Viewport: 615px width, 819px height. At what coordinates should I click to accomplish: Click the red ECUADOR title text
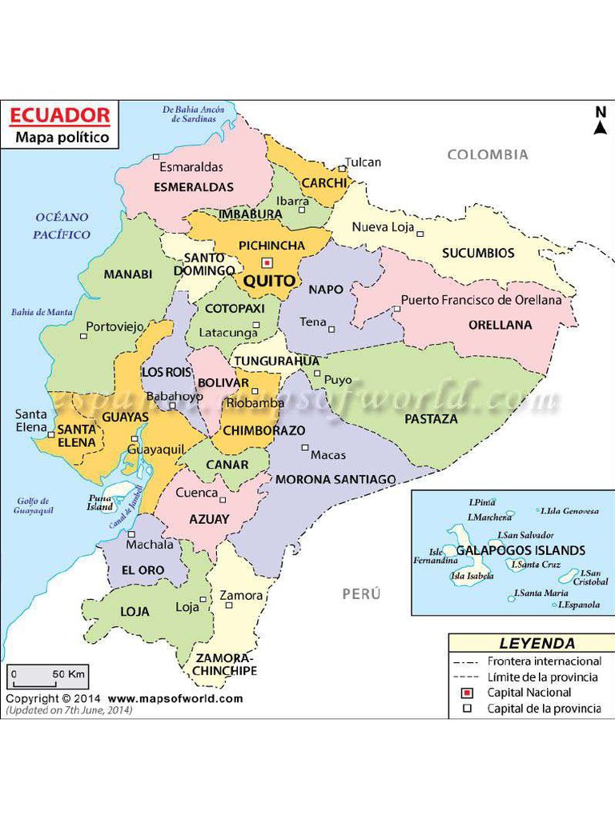point(59,114)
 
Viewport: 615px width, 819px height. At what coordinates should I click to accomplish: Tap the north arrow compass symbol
point(599,122)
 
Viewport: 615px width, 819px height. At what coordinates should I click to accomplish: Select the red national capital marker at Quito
point(267,262)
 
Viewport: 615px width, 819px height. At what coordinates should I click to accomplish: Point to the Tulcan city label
point(363,162)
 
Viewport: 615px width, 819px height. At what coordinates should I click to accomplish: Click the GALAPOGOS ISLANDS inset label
point(521,550)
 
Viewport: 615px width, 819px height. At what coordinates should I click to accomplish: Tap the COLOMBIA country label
point(488,154)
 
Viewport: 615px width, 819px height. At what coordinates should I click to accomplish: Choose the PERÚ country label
point(361,594)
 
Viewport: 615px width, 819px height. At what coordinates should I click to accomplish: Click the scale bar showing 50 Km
point(48,677)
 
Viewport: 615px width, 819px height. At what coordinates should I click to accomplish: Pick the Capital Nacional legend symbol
point(468,693)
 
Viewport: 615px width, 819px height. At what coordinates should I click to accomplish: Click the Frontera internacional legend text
point(544,661)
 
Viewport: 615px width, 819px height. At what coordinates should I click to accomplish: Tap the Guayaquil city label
point(156,449)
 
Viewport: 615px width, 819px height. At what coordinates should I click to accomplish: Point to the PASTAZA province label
point(431,418)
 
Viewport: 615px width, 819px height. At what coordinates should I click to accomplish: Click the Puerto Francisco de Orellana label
point(481,300)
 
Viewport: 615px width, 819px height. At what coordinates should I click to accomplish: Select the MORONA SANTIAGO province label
point(336,479)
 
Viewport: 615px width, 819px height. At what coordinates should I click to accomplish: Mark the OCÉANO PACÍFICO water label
point(62,226)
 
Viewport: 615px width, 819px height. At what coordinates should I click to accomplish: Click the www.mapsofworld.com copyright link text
point(175,698)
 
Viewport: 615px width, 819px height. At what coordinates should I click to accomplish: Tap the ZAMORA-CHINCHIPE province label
point(225,664)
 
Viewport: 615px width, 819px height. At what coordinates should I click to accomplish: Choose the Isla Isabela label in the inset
point(472,575)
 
